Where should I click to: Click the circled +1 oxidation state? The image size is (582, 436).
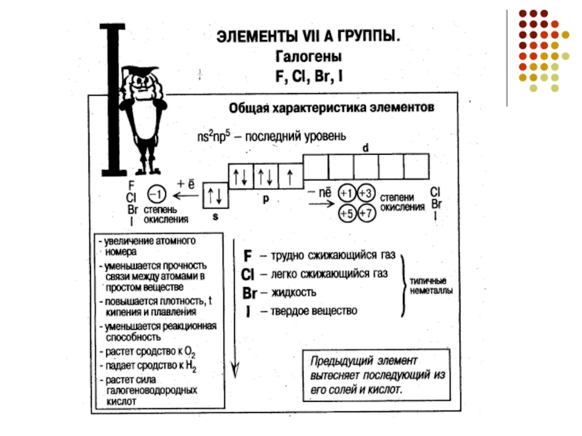pos(348,193)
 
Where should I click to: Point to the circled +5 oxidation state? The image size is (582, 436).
pos(348,213)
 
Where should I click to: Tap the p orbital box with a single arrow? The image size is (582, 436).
pos(290,176)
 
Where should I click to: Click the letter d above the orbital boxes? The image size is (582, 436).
pos(366,148)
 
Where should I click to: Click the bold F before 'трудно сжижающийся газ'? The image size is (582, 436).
pos(248,257)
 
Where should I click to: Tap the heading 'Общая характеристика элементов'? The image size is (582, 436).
pos(332,108)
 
